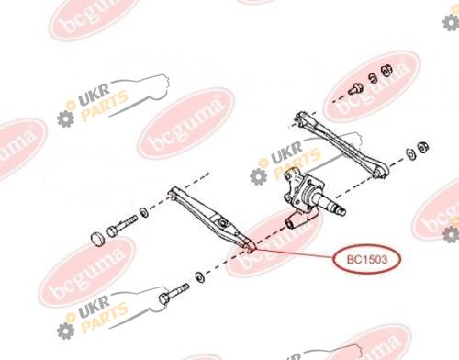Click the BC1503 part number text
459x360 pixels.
[x=366, y=260]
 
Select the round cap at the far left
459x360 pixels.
[x=98, y=239]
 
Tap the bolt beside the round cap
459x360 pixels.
[x=122, y=226]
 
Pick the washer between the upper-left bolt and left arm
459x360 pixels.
[x=144, y=212]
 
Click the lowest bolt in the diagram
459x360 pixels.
[x=174, y=294]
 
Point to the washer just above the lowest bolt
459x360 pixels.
[x=200, y=277]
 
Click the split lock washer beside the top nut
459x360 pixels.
[x=373, y=78]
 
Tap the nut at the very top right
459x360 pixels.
[x=386, y=71]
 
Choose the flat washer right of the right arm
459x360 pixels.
[x=411, y=153]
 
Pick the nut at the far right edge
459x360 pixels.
[x=423, y=147]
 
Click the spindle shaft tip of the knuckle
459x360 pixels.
[x=341, y=210]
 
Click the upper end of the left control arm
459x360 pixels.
[x=174, y=193]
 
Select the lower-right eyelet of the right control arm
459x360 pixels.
[x=380, y=171]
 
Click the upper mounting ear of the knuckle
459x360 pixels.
[x=291, y=176]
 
